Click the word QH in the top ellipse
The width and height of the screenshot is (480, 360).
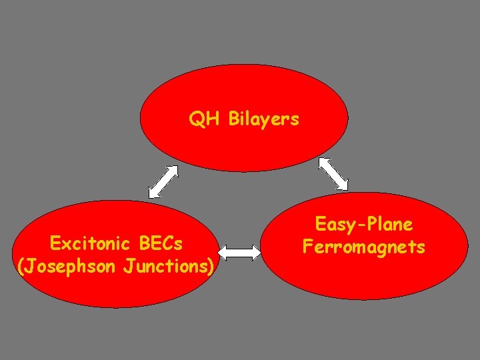coord(204,120)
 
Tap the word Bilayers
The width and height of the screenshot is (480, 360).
coord(264,120)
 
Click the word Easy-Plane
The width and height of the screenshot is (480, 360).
coord(364,225)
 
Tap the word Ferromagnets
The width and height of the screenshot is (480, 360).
coord(364,247)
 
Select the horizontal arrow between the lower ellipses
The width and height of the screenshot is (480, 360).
coord(240,253)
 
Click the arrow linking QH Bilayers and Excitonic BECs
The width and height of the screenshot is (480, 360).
coord(163,181)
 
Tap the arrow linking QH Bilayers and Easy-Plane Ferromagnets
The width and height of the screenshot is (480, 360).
coord(333,173)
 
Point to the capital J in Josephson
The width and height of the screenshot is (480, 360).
coord(29,267)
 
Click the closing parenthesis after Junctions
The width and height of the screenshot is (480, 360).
coord(211,267)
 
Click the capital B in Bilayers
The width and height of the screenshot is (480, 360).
coord(234,120)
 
